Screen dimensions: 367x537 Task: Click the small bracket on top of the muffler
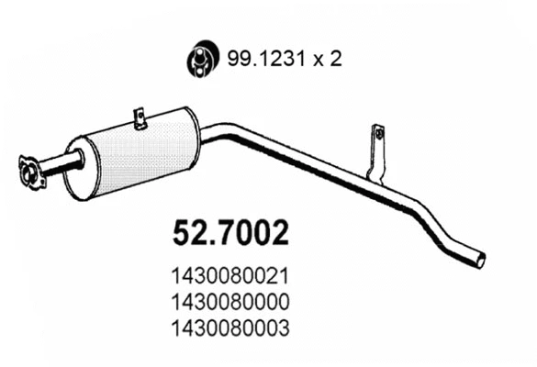[x=140, y=119]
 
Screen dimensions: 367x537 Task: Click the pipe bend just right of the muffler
[x=217, y=133]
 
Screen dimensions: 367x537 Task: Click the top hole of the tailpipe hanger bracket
[x=376, y=134]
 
